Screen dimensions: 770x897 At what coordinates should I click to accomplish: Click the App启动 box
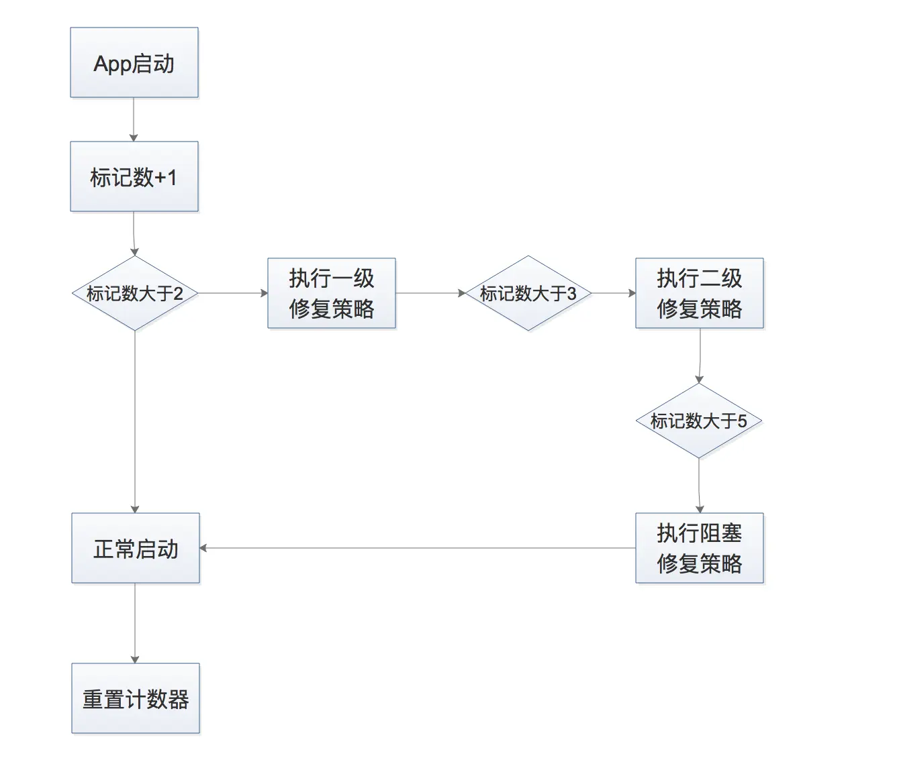tap(134, 63)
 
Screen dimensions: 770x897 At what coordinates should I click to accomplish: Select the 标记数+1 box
tap(134, 177)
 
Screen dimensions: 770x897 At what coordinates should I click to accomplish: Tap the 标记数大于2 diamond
tap(135, 293)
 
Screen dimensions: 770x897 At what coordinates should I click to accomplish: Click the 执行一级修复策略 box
tap(332, 293)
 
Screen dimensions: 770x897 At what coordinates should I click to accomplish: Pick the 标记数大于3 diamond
tap(528, 293)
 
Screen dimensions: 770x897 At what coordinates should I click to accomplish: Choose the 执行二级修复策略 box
tap(699, 293)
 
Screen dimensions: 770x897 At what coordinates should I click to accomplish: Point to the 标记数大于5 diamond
tap(699, 421)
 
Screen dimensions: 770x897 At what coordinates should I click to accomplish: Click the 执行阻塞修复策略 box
tap(699, 548)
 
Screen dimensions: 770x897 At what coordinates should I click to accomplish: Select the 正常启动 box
tap(136, 548)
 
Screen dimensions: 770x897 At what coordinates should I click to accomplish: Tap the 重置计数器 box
tap(136, 698)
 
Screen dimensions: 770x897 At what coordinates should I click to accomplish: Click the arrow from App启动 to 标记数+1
tap(134, 119)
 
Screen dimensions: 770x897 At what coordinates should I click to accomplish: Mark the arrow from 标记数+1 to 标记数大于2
tap(134, 233)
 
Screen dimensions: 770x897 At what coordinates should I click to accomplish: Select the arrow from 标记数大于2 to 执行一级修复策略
tap(232, 293)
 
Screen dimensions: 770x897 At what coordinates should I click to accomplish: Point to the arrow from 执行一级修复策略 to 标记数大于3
tap(430, 293)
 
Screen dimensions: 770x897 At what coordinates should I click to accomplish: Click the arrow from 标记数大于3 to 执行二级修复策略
tap(613, 293)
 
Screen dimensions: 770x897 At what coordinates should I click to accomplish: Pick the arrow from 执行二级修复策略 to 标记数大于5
tap(700, 355)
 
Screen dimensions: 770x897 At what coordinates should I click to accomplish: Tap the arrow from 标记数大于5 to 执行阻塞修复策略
tap(699, 486)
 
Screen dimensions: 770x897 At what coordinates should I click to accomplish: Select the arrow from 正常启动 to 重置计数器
tap(135, 622)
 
